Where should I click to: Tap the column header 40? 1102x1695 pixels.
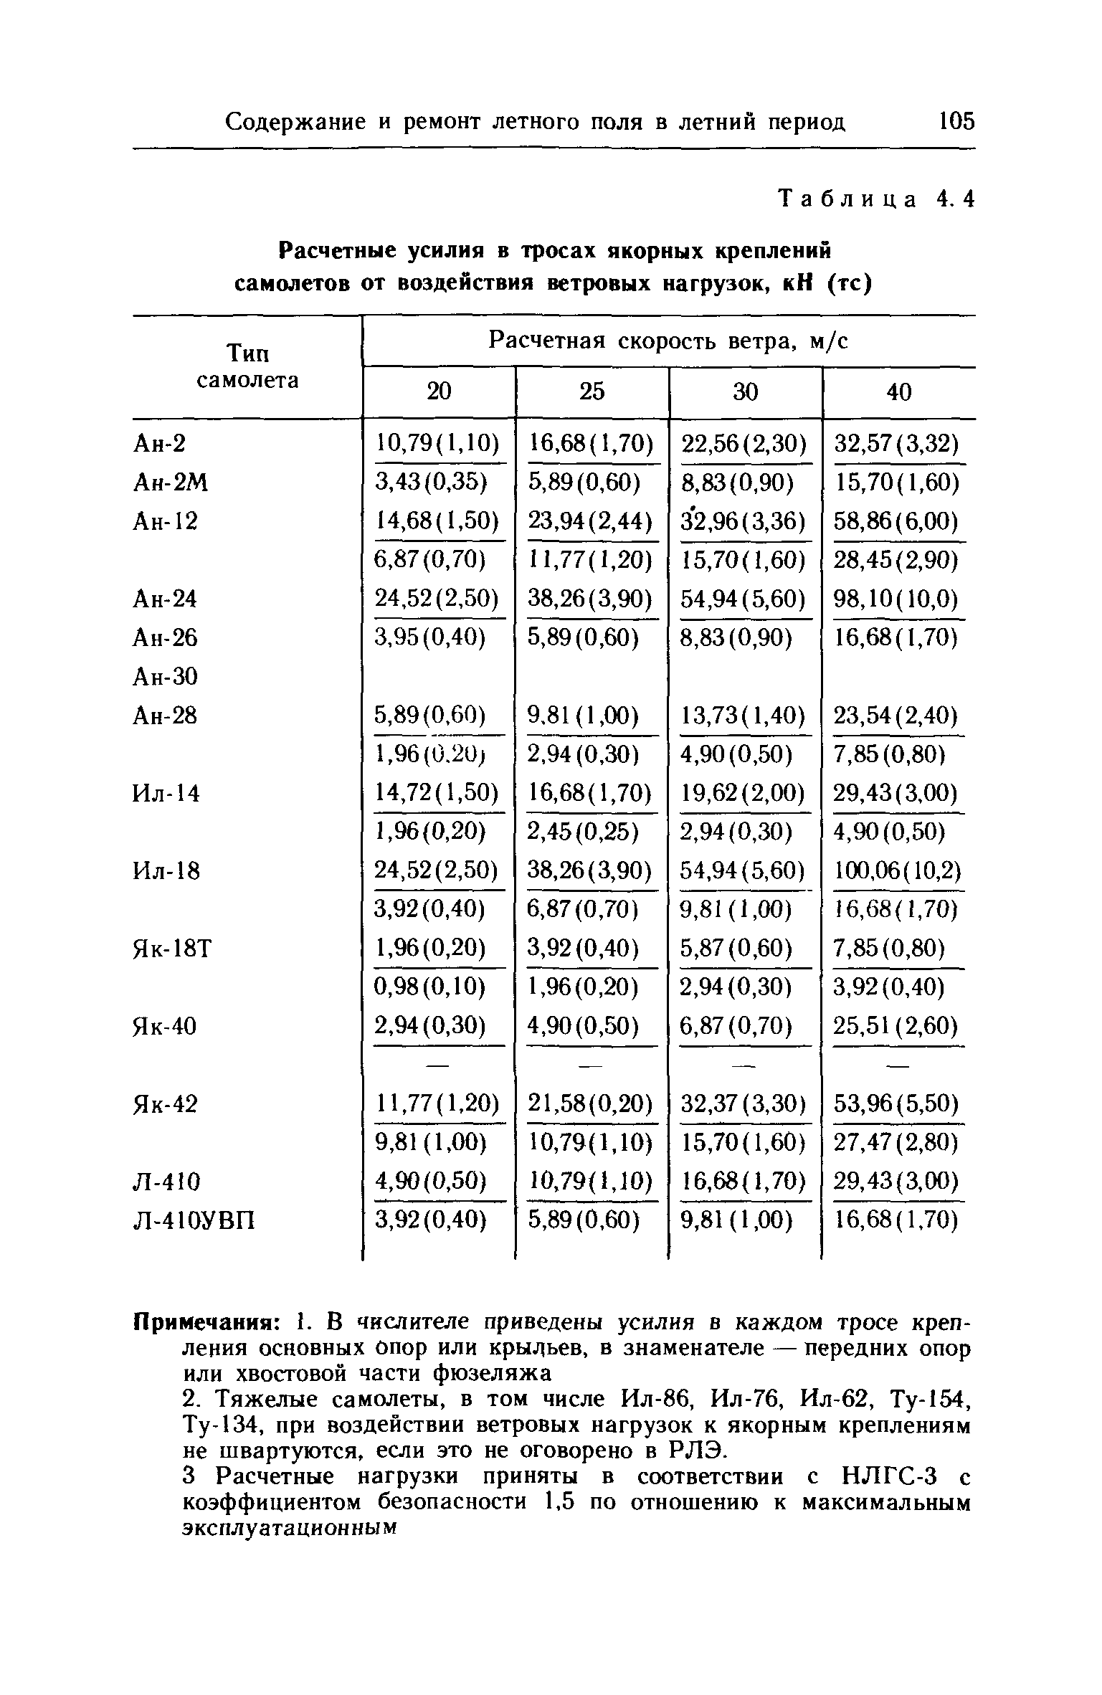tap(899, 392)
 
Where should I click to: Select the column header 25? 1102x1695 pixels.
tap(592, 392)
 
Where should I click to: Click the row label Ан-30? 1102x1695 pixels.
tap(166, 676)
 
